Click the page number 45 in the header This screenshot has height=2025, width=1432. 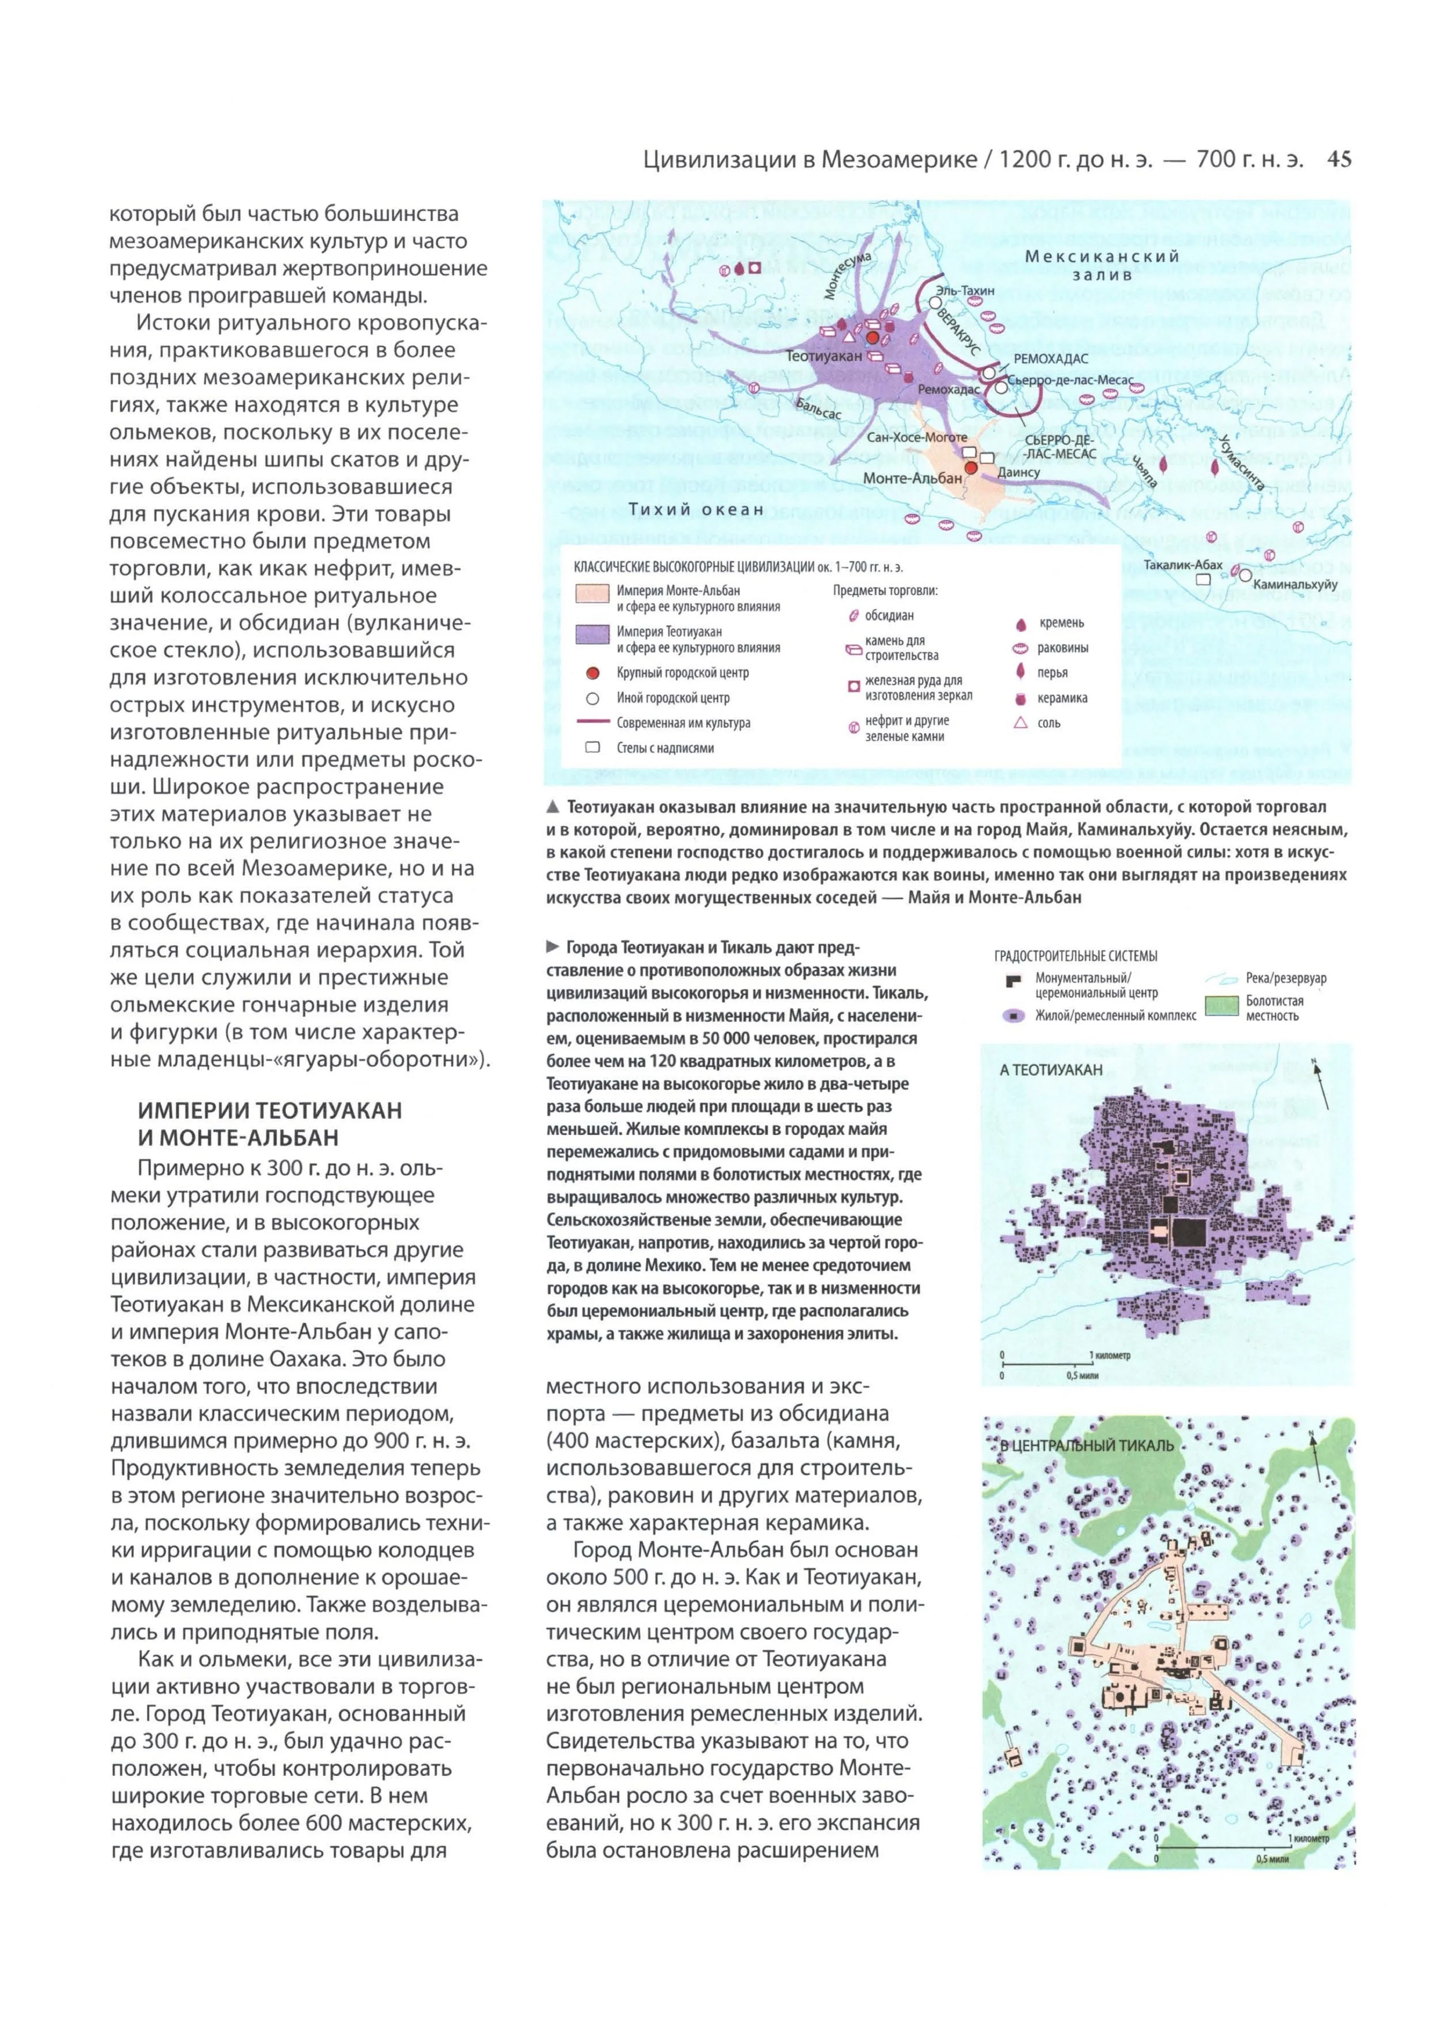click(1339, 160)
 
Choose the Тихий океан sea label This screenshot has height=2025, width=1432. click(696, 509)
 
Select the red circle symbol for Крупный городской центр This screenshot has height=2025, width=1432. click(593, 673)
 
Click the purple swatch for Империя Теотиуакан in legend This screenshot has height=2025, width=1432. click(592, 634)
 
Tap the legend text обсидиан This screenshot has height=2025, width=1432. click(889, 616)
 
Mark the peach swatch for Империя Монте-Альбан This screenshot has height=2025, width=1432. click(592, 593)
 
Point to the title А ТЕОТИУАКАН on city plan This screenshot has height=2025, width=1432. click(1051, 1070)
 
